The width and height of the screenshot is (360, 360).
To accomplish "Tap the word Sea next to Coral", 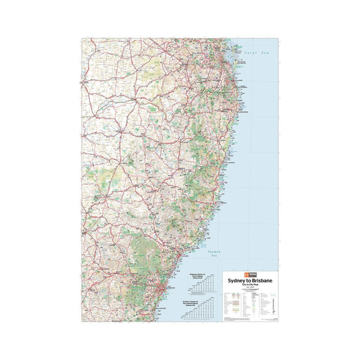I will [265, 53].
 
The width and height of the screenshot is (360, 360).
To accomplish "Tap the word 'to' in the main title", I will [246, 280].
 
